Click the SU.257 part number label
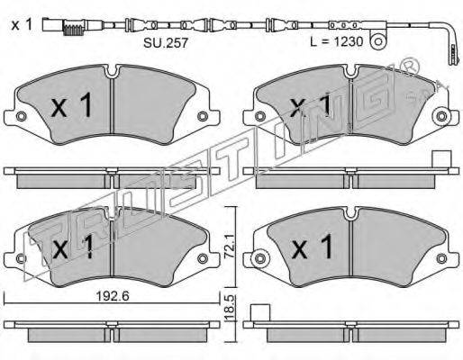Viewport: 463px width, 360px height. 166,43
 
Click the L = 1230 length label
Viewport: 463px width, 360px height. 336,42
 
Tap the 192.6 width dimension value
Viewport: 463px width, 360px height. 113,296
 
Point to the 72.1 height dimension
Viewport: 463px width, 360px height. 230,247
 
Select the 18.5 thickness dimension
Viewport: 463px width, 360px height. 230,309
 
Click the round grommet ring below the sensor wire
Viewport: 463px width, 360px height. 377,42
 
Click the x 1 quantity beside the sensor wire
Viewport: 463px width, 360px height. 22,25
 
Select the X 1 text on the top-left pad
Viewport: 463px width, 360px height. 71,105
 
